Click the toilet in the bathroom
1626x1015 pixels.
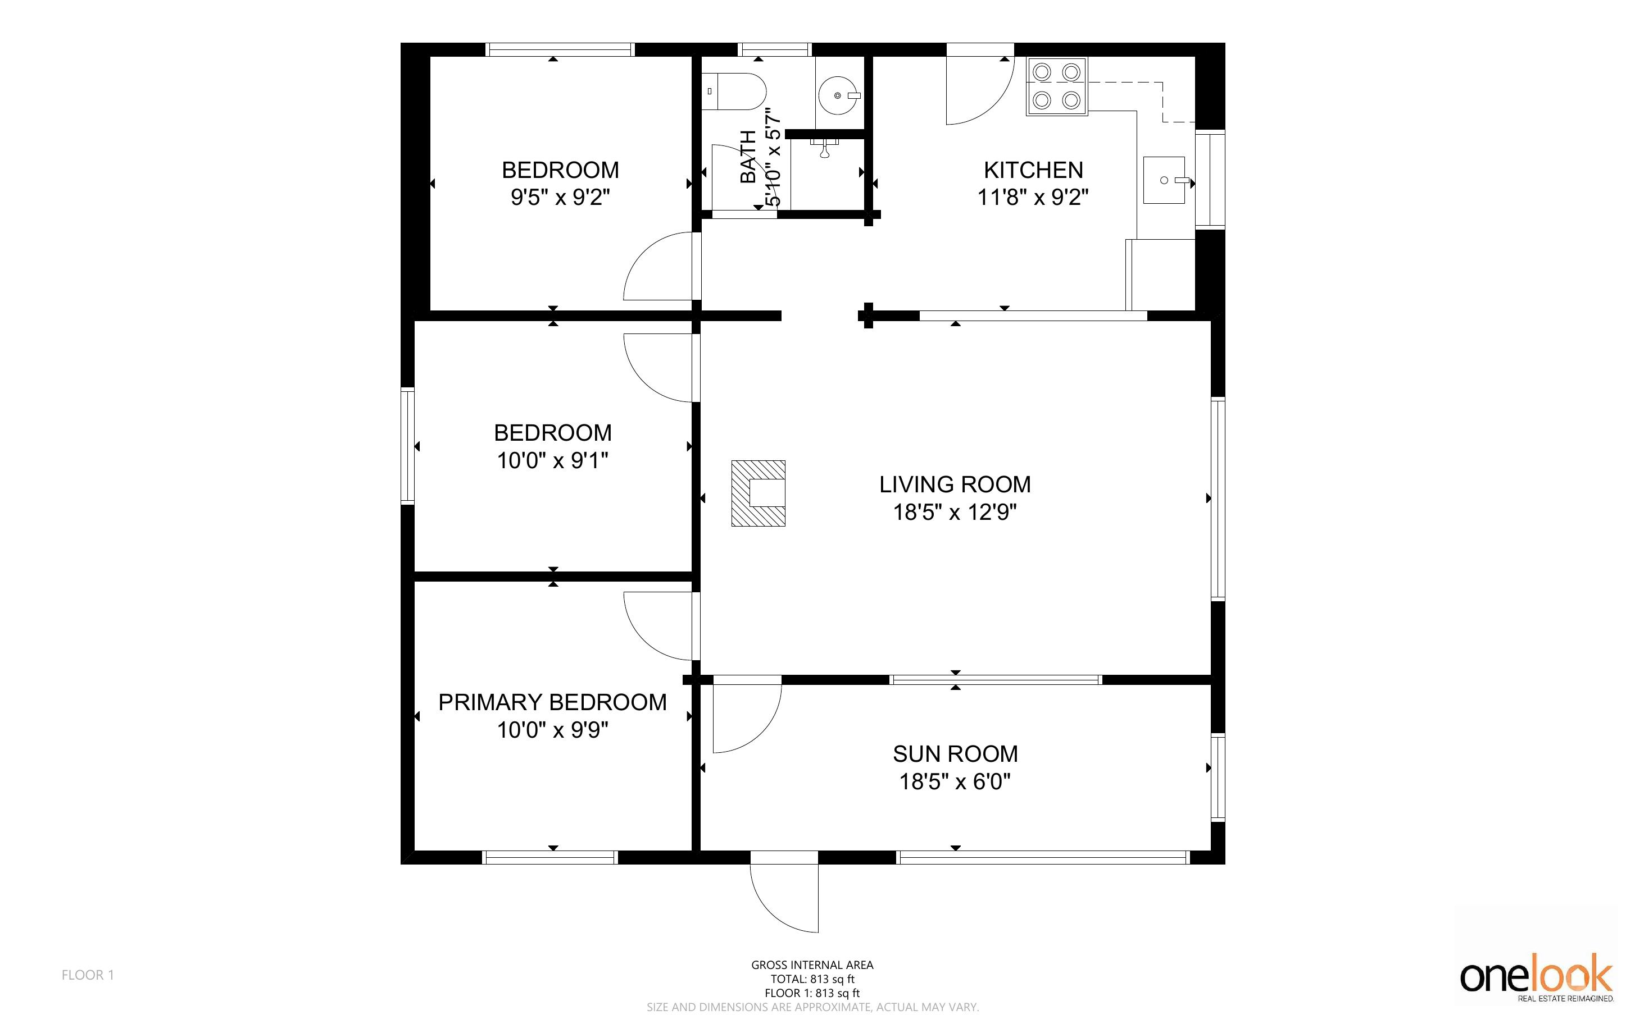[x=734, y=92]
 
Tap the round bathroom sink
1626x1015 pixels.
[x=839, y=95]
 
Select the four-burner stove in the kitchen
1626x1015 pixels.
[x=1056, y=86]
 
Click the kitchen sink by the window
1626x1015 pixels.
[x=1165, y=180]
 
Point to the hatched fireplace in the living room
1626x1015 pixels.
[x=759, y=493]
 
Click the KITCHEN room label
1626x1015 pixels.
[x=1033, y=170]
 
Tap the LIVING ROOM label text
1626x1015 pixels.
[x=955, y=484]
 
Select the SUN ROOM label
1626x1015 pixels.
[x=955, y=754]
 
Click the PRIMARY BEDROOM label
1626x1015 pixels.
[x=553, y=702]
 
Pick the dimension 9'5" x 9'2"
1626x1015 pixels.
[x=560, y=198]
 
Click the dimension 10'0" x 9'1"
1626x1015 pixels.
[x=553, y=460]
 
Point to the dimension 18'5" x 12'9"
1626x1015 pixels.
[x=955, y=512]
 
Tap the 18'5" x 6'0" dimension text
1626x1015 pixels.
[x=955, y=782]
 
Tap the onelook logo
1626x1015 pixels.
[x=1537, y=977]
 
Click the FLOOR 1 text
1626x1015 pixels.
[x=88, y=975]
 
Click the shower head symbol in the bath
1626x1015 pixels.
[x=825, y=148]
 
